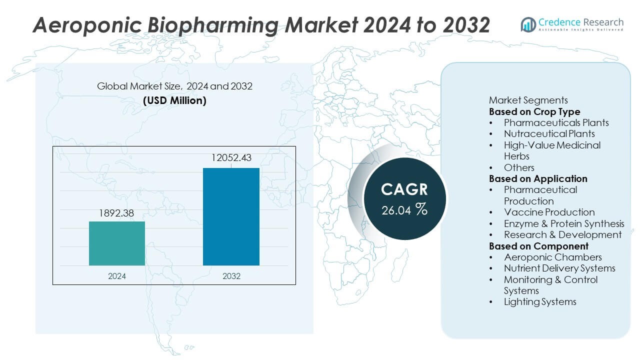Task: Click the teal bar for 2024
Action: [117, 243]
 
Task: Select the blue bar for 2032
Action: [231, 216]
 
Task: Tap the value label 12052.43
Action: [231, 158]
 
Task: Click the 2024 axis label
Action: [117, 276]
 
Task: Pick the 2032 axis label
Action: [231, 276]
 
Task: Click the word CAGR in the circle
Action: [404, 189]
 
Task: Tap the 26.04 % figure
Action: [404, 210]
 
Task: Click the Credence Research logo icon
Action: [528, 24]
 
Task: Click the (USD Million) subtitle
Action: [174, 100]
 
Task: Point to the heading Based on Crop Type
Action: [534, 111]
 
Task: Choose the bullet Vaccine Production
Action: [549, 212]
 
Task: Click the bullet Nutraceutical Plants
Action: [549, 133]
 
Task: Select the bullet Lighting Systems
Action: [540, 301]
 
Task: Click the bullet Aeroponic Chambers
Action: [552, 257]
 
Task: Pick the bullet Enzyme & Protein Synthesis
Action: [564, 223]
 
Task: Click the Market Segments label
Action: [528, 100]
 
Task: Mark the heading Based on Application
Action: [538, 178]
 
